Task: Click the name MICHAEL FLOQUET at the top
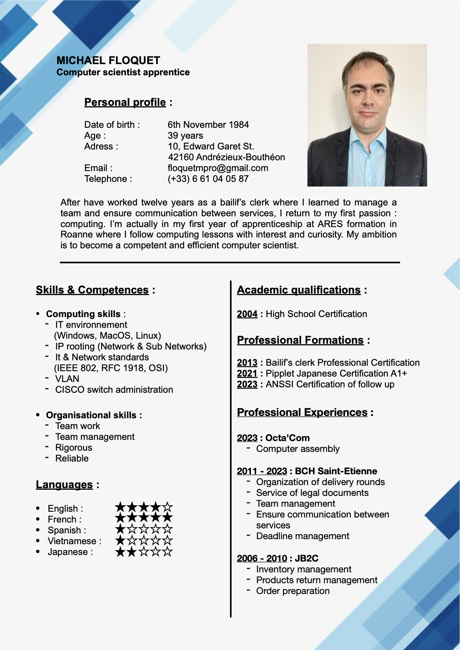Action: point(108,61)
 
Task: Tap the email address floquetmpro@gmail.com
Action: point(218,168)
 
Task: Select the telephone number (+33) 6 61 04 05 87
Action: point(208,179)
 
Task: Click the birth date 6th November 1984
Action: point(208,125)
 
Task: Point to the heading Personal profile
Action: point(125,102)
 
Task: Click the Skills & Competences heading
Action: point(92,290)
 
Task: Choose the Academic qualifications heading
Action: point(298,290)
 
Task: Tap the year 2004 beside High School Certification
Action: point(247,314)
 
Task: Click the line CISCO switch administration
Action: point(114,390)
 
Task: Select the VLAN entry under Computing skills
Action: point(67,379)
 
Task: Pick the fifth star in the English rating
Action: point(167,507)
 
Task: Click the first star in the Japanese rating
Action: point(121,552)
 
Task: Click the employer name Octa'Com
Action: point(287,438)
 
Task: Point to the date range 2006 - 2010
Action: point(262,558)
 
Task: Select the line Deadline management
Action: point(302,536)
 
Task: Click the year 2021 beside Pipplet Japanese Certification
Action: point(247,373)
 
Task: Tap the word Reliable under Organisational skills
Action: point(72,458)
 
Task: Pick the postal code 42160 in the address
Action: point(181,157)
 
